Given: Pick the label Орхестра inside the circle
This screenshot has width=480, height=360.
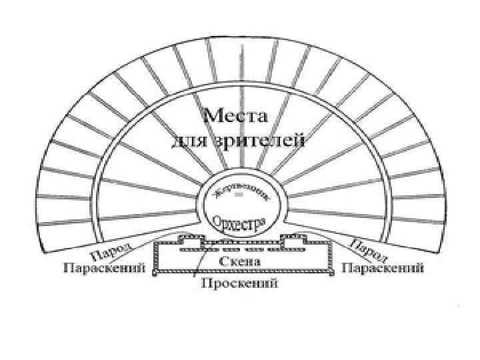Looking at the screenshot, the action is point(239,221).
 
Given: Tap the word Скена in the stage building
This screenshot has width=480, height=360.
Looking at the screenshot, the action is point(240,261).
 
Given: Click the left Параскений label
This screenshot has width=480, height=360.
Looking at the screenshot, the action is point(104,269).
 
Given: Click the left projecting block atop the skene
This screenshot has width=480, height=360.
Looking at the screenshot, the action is point(191,240).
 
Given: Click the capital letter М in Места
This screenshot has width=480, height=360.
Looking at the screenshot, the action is point(211,117).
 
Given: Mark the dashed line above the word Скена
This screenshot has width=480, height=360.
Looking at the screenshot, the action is point(240,249).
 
